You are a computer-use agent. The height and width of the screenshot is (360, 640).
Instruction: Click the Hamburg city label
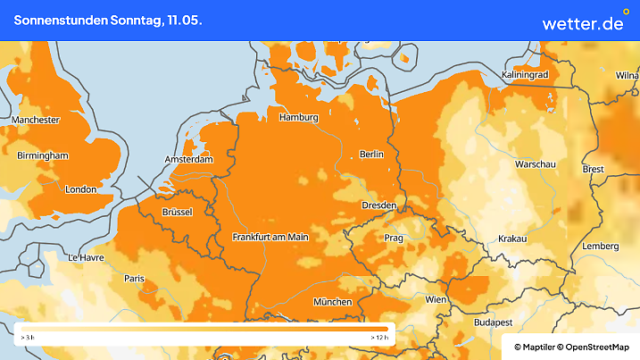tap(299, 117)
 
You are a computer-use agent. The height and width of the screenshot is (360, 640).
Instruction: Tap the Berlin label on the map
tap(370, 154)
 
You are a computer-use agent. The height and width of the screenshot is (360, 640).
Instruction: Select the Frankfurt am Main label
tap(270, 237)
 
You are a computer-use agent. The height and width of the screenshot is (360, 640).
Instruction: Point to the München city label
tap(332, 302)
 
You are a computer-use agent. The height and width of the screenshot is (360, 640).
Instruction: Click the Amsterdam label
tap(188, 160)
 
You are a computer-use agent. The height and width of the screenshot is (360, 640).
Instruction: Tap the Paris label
tap(134, 278)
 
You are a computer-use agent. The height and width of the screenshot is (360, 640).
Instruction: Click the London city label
tap(80, 189)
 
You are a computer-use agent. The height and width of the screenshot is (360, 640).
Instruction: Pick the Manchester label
tap(36, 120)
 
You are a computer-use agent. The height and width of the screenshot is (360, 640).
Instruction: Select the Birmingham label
tap(43, 155)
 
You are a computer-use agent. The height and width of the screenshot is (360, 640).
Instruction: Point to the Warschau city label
tap(536, 164)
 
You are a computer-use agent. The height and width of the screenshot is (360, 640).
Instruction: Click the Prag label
tap(394, 239)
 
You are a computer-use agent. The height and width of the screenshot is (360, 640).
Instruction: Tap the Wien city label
tap(436, 299)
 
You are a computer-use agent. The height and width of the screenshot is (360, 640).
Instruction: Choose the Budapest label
tap(492, 322)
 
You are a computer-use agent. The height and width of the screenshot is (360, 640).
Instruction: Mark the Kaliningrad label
tap(525, 75)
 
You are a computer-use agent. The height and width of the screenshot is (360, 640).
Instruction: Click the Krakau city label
tap(512, 239)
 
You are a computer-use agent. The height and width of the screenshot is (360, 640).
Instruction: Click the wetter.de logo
tap(582, 21)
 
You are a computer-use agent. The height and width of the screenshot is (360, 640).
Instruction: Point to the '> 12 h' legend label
tap(378, 339)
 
